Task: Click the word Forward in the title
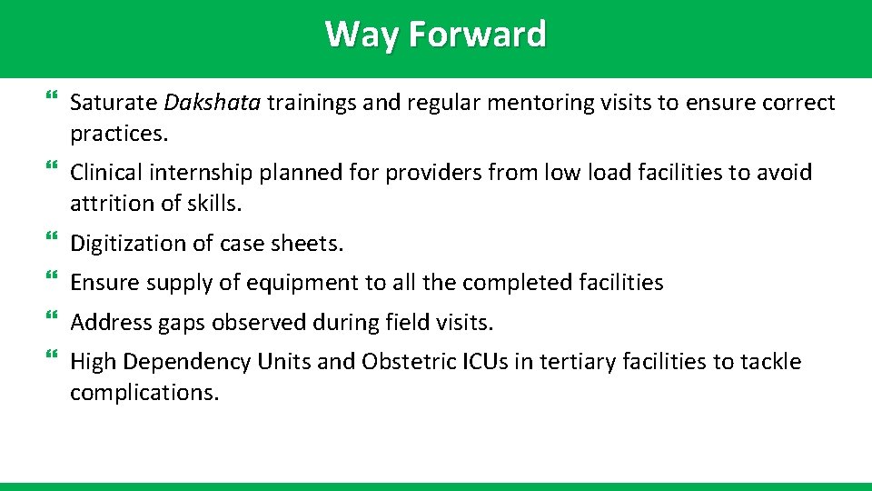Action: tap(478, 35)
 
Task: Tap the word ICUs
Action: tap(486, 362)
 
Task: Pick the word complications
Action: tap(144, 393)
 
